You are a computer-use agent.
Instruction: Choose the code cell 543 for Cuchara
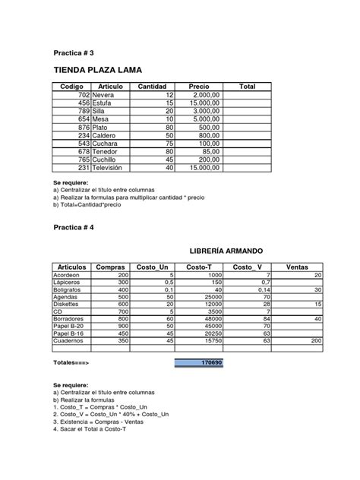pos(79,143)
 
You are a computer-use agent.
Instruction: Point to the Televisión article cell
pos(112,167)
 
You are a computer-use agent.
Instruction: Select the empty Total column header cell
pos(248,87)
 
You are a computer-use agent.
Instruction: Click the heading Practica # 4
pos(73,227)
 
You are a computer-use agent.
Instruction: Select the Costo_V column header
pos(247,267)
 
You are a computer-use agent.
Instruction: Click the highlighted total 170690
pos(199,363)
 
